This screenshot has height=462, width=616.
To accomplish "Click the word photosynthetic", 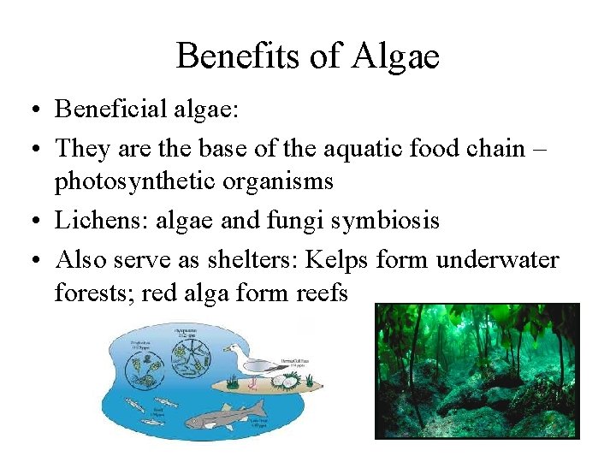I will click(121, 182).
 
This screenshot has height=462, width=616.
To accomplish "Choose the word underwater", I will click(497, 259).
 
